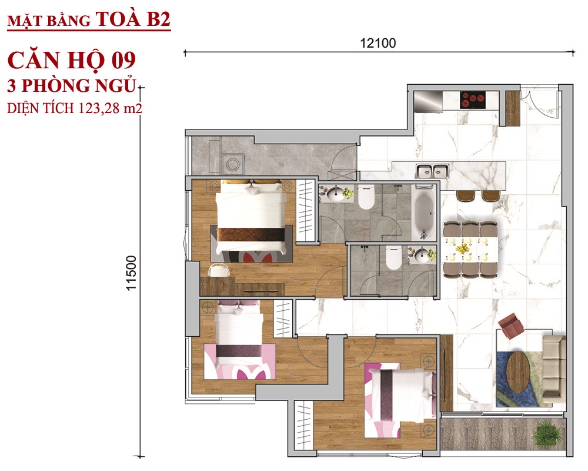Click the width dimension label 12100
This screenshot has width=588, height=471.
tap(377, 43)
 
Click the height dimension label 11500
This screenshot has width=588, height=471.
tap(131, 273)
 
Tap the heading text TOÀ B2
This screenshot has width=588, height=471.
tap(133, 19)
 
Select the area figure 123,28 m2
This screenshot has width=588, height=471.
tap(111, 108)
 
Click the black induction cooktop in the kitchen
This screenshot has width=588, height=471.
tap(473, 100)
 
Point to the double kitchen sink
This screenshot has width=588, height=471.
tap(432, 171)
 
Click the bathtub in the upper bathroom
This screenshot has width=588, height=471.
tap(424, 213)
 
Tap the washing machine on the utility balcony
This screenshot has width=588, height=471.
tap(233, 164)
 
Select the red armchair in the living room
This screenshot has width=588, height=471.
tap(511, 326)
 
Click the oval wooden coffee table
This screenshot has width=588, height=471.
tap(518, 367)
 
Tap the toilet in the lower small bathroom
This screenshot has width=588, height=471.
tap(393, 258)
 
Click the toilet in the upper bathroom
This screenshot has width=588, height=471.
tap(366, 198)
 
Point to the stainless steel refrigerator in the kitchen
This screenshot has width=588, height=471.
tap(428, 102)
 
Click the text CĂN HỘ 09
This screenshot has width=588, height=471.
tap(71, 61)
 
